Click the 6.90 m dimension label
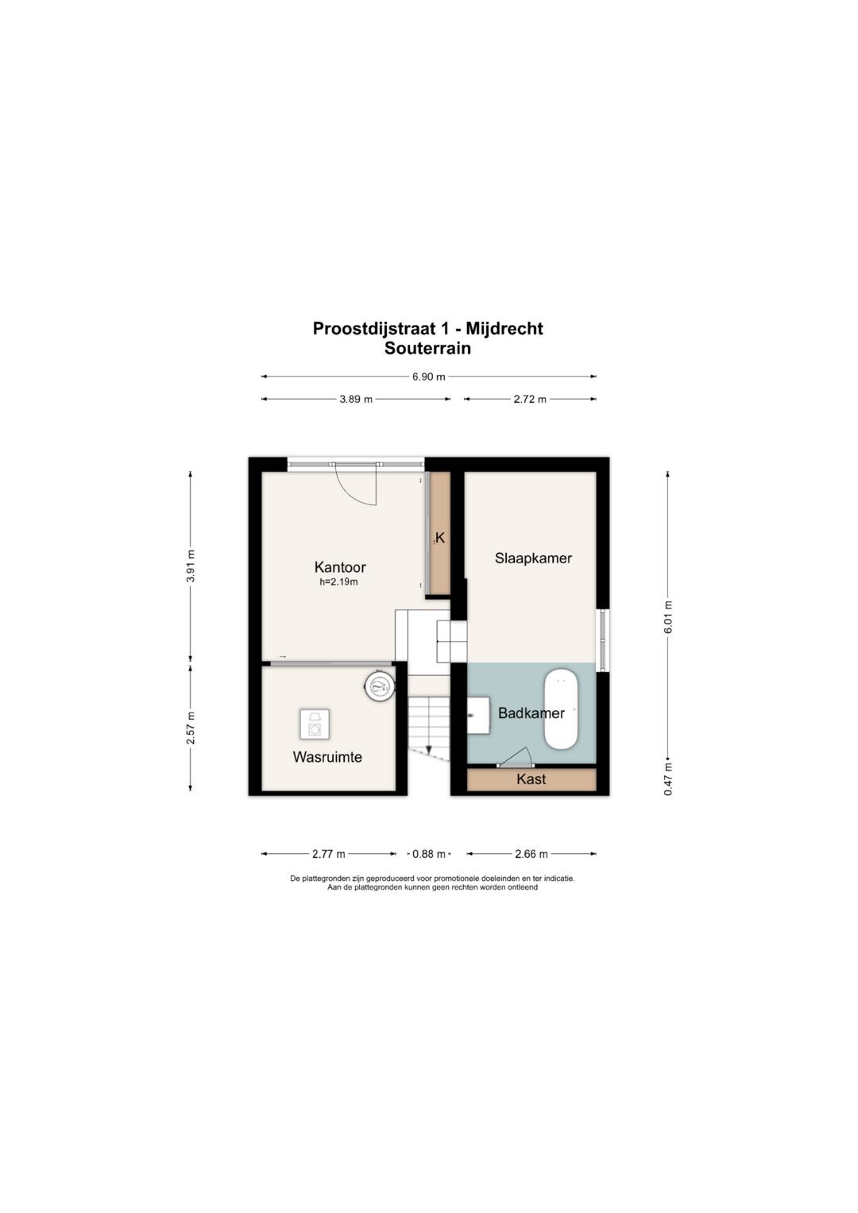click(428, 377)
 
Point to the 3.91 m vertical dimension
click(190, 566)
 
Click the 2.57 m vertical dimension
click(190, 728)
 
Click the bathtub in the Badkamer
click(561, 709)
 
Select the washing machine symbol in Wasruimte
click(315, 724)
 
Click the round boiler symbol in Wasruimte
click(380, 686)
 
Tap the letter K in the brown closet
click(440, 538)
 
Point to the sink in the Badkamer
click(479, 715)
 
